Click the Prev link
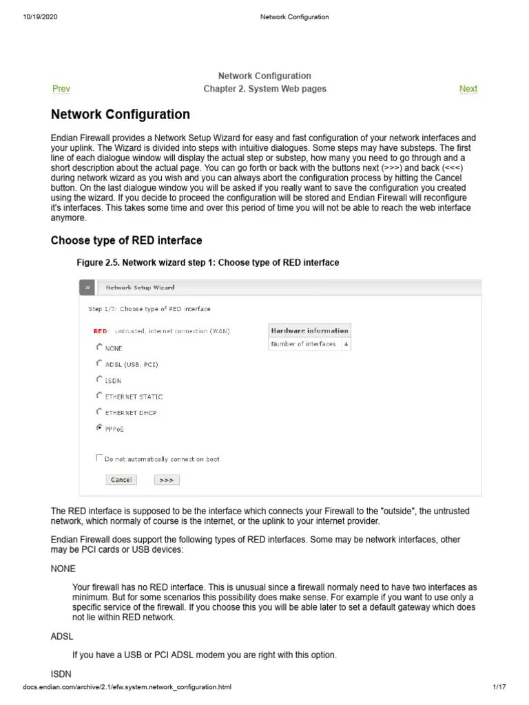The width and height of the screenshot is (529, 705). (x=61, y=89)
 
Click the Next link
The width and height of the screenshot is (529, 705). (x=468, y=89)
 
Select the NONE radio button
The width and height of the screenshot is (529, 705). (x=99, y=348)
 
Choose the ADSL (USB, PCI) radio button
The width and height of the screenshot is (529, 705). (x=99, y=363)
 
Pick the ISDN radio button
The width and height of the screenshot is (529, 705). (x=99, y=379)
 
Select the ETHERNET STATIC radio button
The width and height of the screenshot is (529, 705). (x=99, y=396)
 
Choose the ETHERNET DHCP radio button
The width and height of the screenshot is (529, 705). (x=99, y=412)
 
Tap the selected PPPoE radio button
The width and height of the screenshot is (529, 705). (x=99, y=428)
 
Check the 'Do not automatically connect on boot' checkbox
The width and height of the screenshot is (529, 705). (x=98, y=458)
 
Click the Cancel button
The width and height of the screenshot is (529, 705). (x=121, y=480)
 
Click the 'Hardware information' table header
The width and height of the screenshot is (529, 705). (x=309, y=330)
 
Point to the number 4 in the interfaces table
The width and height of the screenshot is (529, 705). (x=346, y=344)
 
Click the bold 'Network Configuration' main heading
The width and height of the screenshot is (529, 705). (x=121, y=114)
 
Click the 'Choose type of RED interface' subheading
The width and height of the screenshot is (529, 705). (x=127, y=240)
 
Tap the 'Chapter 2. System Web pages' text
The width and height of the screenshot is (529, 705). (x=264, y=89)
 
